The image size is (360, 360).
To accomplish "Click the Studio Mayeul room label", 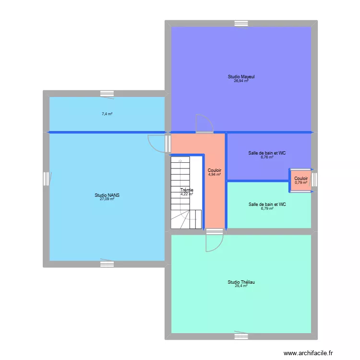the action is pos(241,77).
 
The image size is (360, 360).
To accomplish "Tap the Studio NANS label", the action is pos(107,195).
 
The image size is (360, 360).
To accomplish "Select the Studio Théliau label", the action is pos(241,282).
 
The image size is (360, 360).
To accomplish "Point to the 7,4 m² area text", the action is pos(107,114).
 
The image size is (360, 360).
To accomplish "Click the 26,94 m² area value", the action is pos(241,81).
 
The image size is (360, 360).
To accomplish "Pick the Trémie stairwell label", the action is pos(187,190).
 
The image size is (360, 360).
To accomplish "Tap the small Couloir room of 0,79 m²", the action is pos(301,180).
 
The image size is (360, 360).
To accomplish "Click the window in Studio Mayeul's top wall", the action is pos(241,24).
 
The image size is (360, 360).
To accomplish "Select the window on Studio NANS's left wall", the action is pos(47,179).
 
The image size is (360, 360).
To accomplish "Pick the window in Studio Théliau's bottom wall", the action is pos(241,336).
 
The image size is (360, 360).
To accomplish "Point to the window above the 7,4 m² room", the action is pos(107,94).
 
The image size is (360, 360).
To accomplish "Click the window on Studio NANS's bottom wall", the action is pos(107,264).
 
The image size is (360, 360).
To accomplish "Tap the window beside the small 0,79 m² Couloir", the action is pos(314,180).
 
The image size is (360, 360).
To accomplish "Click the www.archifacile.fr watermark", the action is pos(308,353).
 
